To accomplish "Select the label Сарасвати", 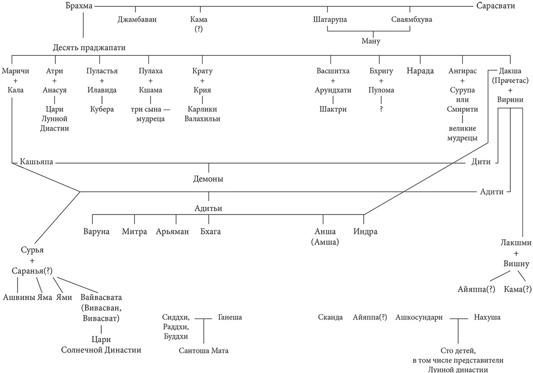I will (x=498, y=6).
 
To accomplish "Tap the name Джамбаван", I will (x=137, y=19).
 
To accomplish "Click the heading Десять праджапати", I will (x=89, y=47).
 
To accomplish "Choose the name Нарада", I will (x=420, y=71).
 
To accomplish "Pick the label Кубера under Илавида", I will (x=101, y=109).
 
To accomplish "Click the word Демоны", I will (x=208, y=179).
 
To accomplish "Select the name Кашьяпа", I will (x=36, y=162).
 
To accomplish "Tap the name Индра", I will (x=365, y=232).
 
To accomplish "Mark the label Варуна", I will (x=97, y=232).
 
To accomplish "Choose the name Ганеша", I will (x=230, y=317).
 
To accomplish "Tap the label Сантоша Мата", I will (x=204, y=350).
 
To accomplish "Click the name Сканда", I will (x=330, y=317).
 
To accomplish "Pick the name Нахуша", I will (x=487, y=317).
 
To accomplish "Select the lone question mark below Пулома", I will (x=381, y=109).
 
